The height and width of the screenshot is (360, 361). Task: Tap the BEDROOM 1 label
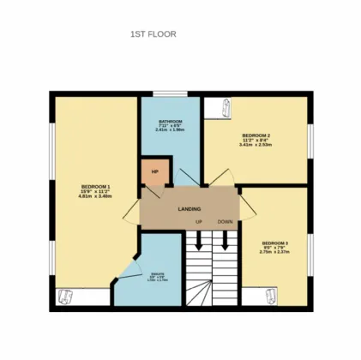(95, 186)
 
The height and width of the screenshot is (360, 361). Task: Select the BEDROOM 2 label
(256, 135)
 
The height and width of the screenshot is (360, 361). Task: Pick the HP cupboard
(154, 171)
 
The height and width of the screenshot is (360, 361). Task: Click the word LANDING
(190, 208)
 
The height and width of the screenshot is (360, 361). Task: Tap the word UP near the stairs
(198, 221)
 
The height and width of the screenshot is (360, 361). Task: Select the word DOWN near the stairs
(225, 221)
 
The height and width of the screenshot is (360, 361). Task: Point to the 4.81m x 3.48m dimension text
(95, 197)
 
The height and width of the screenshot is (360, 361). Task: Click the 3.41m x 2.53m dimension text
(256, 144)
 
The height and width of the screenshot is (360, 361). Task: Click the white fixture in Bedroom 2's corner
(225, 108)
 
